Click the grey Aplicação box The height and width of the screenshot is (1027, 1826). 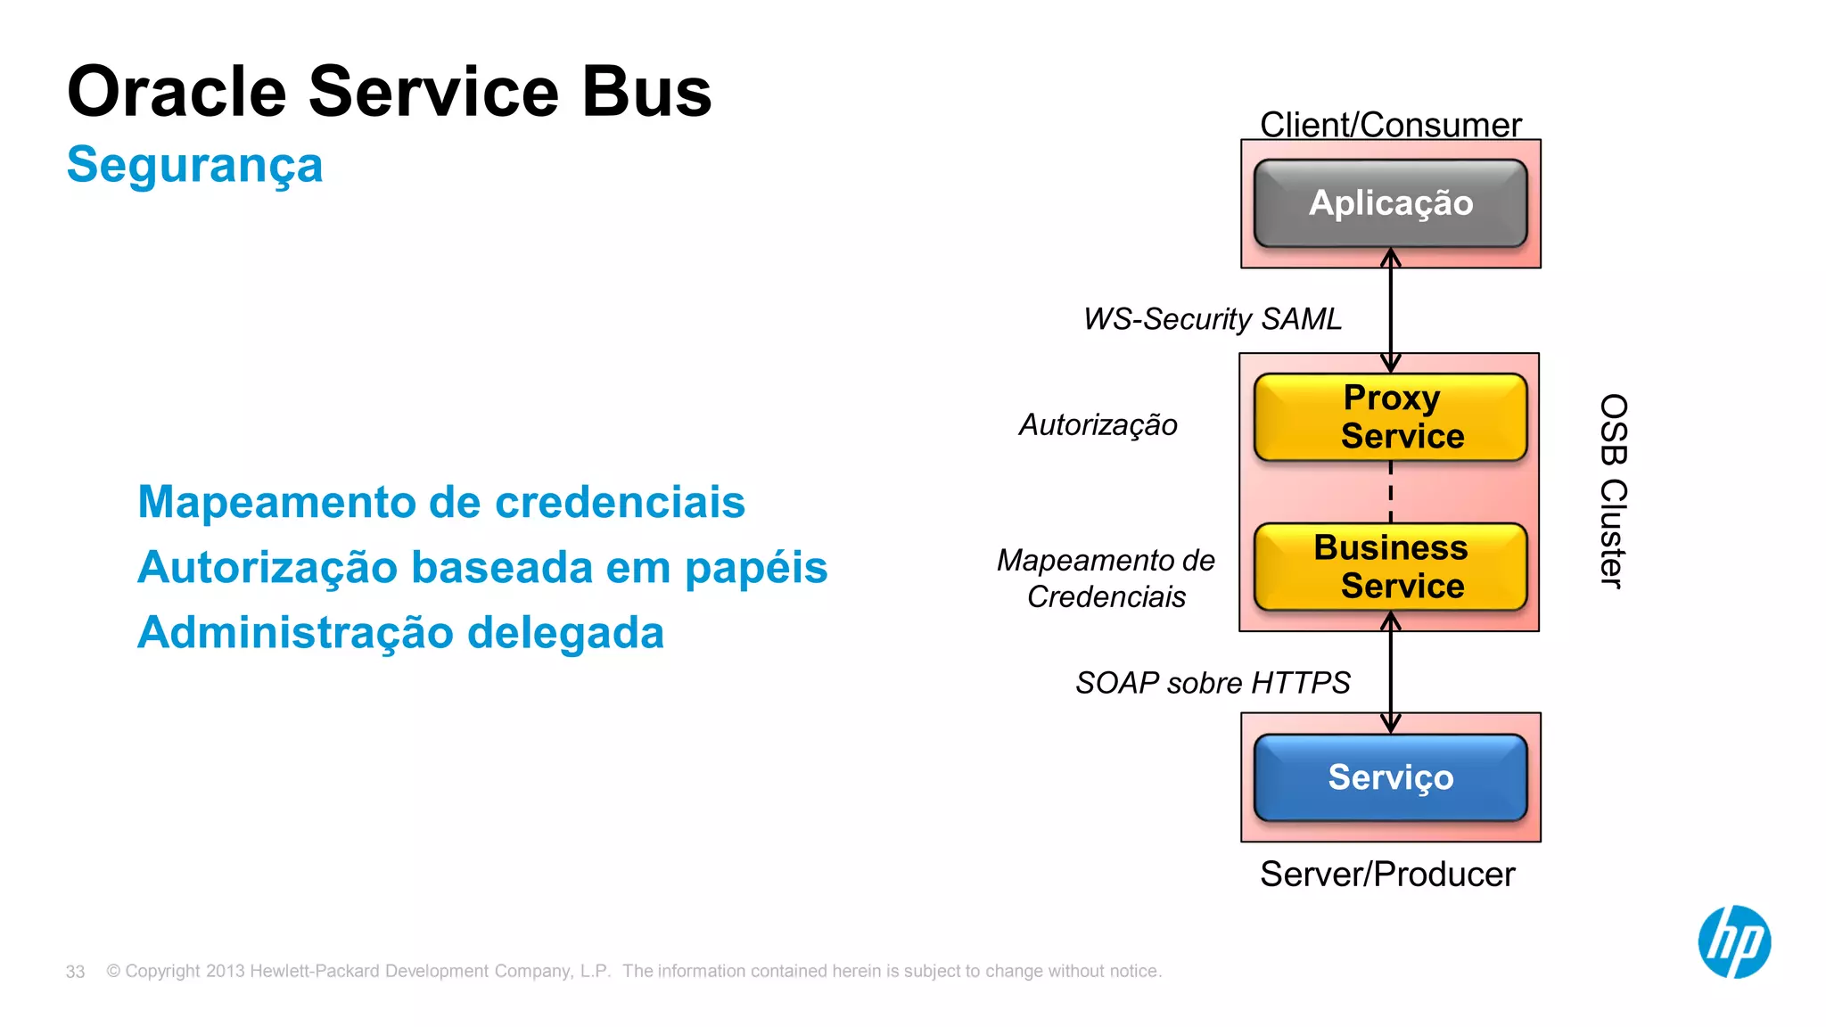pos(1390,203)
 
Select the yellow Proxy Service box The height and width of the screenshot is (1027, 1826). pos(1390,416)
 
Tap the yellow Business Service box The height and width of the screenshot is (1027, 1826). pos(1390,566)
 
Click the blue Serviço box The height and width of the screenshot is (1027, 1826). pos(1390,777)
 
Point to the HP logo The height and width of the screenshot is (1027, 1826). pos(1733,941)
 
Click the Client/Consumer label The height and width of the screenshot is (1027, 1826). pos(1390,125)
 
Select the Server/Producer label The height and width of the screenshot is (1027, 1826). pos(1387,874)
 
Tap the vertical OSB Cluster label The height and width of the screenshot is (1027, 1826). pos(1613,491)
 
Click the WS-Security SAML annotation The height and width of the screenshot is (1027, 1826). pos(1212,319)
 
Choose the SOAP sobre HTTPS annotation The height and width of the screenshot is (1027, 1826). pos(1212,683)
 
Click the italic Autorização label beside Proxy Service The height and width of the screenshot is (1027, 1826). pos(1098,425)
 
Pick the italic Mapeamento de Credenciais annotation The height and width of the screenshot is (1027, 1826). pos(1106,578)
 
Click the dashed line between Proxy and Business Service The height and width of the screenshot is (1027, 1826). pos(1391,492)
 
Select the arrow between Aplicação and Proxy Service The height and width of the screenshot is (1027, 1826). pos(1391,310)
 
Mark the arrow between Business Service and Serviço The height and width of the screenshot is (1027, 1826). pos(1391,673)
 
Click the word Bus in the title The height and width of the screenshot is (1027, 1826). pos(646,92)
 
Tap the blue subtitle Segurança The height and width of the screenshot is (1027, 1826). pos(194,166)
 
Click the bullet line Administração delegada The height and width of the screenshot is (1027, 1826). pos(400,633)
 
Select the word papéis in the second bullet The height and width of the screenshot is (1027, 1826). pos(756,569)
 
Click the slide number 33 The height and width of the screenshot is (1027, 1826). pos(75,972)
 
